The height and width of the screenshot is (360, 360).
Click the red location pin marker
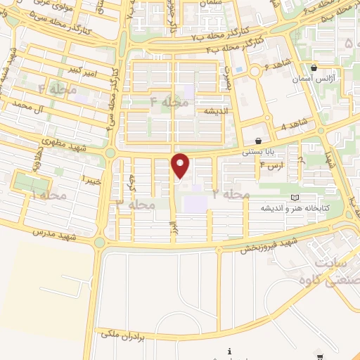[181, 165]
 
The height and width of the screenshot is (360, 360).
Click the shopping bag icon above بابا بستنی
[259, 141]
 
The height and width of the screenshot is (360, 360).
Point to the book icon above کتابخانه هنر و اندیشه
[294, 198]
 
